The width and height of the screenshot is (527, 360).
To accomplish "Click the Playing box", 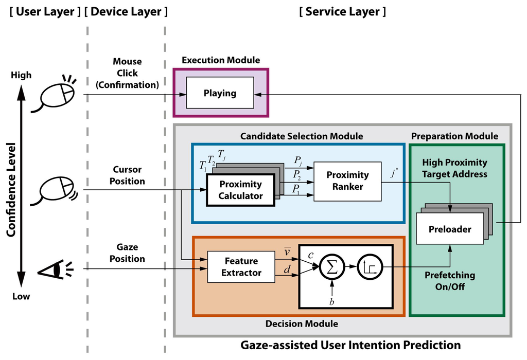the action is pyautogui.click(x=220, y=93).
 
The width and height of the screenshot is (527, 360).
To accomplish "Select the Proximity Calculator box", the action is pyautogui.click(x=240, y=190).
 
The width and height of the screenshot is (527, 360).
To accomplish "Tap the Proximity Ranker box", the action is pyautogui.click(x=347, y=182).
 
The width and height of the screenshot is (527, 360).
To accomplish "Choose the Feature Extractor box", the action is pyautogui.click(x=241, y=266).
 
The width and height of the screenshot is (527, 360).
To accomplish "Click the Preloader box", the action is pyautogui.click(x=450, y=229).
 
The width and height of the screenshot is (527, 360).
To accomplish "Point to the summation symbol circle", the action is pyautogui.click(x=332, y=267).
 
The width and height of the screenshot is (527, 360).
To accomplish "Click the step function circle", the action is pyautogui.click(x=370, y=267).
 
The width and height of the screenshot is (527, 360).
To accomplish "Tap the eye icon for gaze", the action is pyautogui.click(x=55, y=268).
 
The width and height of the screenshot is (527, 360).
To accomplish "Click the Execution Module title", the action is pyautogui.click(x=221, y=60).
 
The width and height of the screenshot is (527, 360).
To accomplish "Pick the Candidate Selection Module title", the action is pyautogui.click(x=302, y=136).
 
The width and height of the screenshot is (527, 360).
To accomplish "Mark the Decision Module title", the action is pyautogui.click(x=302, y=323).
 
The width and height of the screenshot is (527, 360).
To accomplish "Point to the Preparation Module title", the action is pyautogui.click(x=454, y=136).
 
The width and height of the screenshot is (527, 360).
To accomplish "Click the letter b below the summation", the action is pyautogui.click(x=332, y=301).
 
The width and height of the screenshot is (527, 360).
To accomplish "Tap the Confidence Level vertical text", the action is pyautogui.click(x=11, y=190).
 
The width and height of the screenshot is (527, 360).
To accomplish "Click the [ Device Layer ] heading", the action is pyautogui.click(x=126, y=11).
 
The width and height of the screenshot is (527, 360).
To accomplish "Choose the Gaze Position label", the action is pyautogui.click(x=127, y=253).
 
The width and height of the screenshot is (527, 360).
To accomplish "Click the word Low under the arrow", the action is pyautogui.click(x=21, y=296).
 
